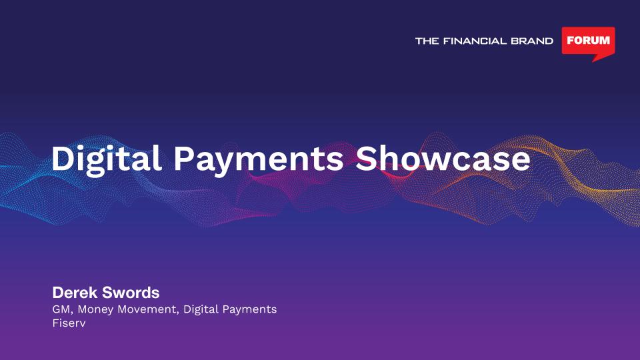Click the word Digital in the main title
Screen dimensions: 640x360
click(106, 160)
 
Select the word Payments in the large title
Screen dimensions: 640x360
click(259, 160)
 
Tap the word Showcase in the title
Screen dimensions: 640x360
click(443, 159)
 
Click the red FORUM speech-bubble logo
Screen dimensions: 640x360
click(588, 43)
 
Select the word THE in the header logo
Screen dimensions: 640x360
click(427, 41)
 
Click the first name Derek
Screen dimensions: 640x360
click(75, 293)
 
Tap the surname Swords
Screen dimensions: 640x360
click(131, 293)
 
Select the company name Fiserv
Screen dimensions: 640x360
click(69, 323)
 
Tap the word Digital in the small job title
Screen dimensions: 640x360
click(201, 310)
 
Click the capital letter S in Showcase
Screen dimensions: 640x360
click(366, 159)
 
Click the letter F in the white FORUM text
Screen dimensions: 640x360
click(571, 41)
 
